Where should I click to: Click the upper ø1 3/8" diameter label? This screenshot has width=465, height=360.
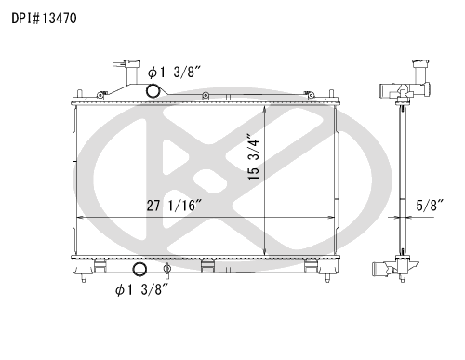pos(175,72)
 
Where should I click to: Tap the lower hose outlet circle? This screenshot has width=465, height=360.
pos(140,271)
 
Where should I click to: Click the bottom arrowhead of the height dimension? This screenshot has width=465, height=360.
pos(266,254)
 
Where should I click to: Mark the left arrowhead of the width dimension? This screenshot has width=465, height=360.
pos(78,217)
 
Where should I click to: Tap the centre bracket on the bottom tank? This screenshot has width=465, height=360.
pos(208,269)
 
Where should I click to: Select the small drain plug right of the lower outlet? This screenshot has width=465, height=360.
pos(166,271)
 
